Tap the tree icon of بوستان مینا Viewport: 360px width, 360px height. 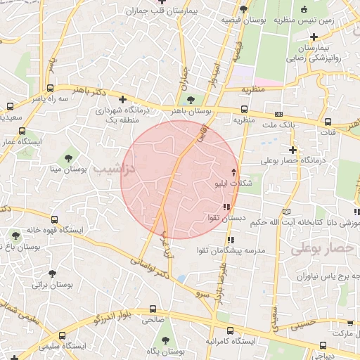(68, 157)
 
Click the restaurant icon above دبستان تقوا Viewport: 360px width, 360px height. (226, 207)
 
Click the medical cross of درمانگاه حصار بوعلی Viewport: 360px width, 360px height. (292, 149)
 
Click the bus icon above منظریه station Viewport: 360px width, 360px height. (244, 109)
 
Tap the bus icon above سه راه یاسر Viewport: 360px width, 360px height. (51, 89)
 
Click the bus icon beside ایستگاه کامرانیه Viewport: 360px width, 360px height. (229, 330)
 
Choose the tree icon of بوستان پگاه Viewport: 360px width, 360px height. (165, 340)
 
